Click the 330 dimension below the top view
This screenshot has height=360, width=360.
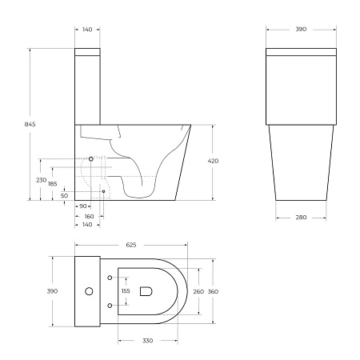149,340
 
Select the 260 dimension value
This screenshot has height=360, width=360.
198,292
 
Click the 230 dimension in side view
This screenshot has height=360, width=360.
42,180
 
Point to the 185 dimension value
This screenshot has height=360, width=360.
53,184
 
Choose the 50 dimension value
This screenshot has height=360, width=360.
64,194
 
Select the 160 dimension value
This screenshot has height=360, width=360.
89,216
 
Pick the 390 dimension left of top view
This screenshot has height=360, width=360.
53,291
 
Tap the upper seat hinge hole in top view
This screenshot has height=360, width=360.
108,278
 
